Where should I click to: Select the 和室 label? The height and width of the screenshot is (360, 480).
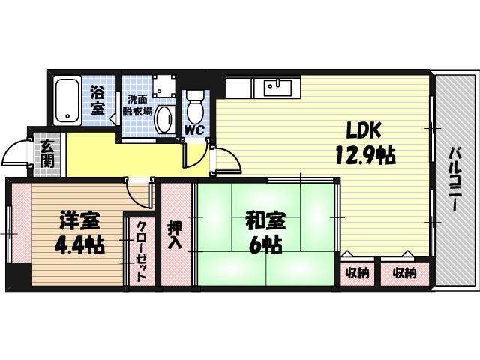point(264,221)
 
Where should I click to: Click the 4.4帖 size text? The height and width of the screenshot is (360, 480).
point(78,244)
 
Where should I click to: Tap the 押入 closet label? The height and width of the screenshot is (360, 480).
point(174,234)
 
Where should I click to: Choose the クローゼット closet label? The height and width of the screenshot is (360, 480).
point(140,250)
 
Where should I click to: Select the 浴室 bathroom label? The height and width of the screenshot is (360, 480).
point(97,100)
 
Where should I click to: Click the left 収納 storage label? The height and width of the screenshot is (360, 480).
point(358,273)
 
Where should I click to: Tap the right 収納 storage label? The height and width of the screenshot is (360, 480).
point(403,273)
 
